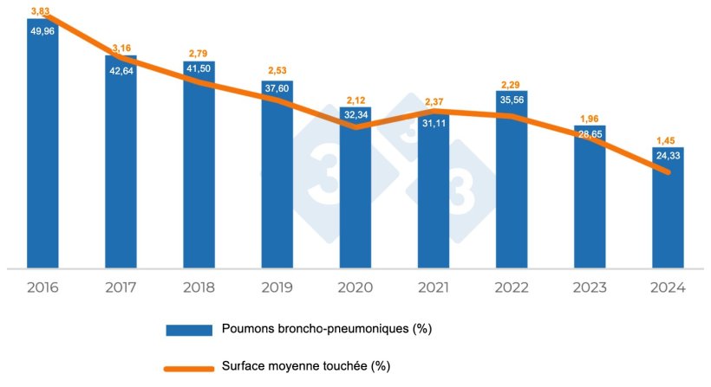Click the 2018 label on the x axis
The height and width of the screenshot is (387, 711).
coord(199,288)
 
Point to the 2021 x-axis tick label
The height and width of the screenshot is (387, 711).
coord(433,288)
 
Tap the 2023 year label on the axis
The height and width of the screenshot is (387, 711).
coord(589,288)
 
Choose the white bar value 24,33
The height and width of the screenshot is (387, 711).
coord(668,156)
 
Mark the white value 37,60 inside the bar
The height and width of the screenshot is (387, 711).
coord(277,90)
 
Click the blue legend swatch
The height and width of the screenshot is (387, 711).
coord(189,330)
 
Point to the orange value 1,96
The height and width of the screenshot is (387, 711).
coord(590,119)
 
